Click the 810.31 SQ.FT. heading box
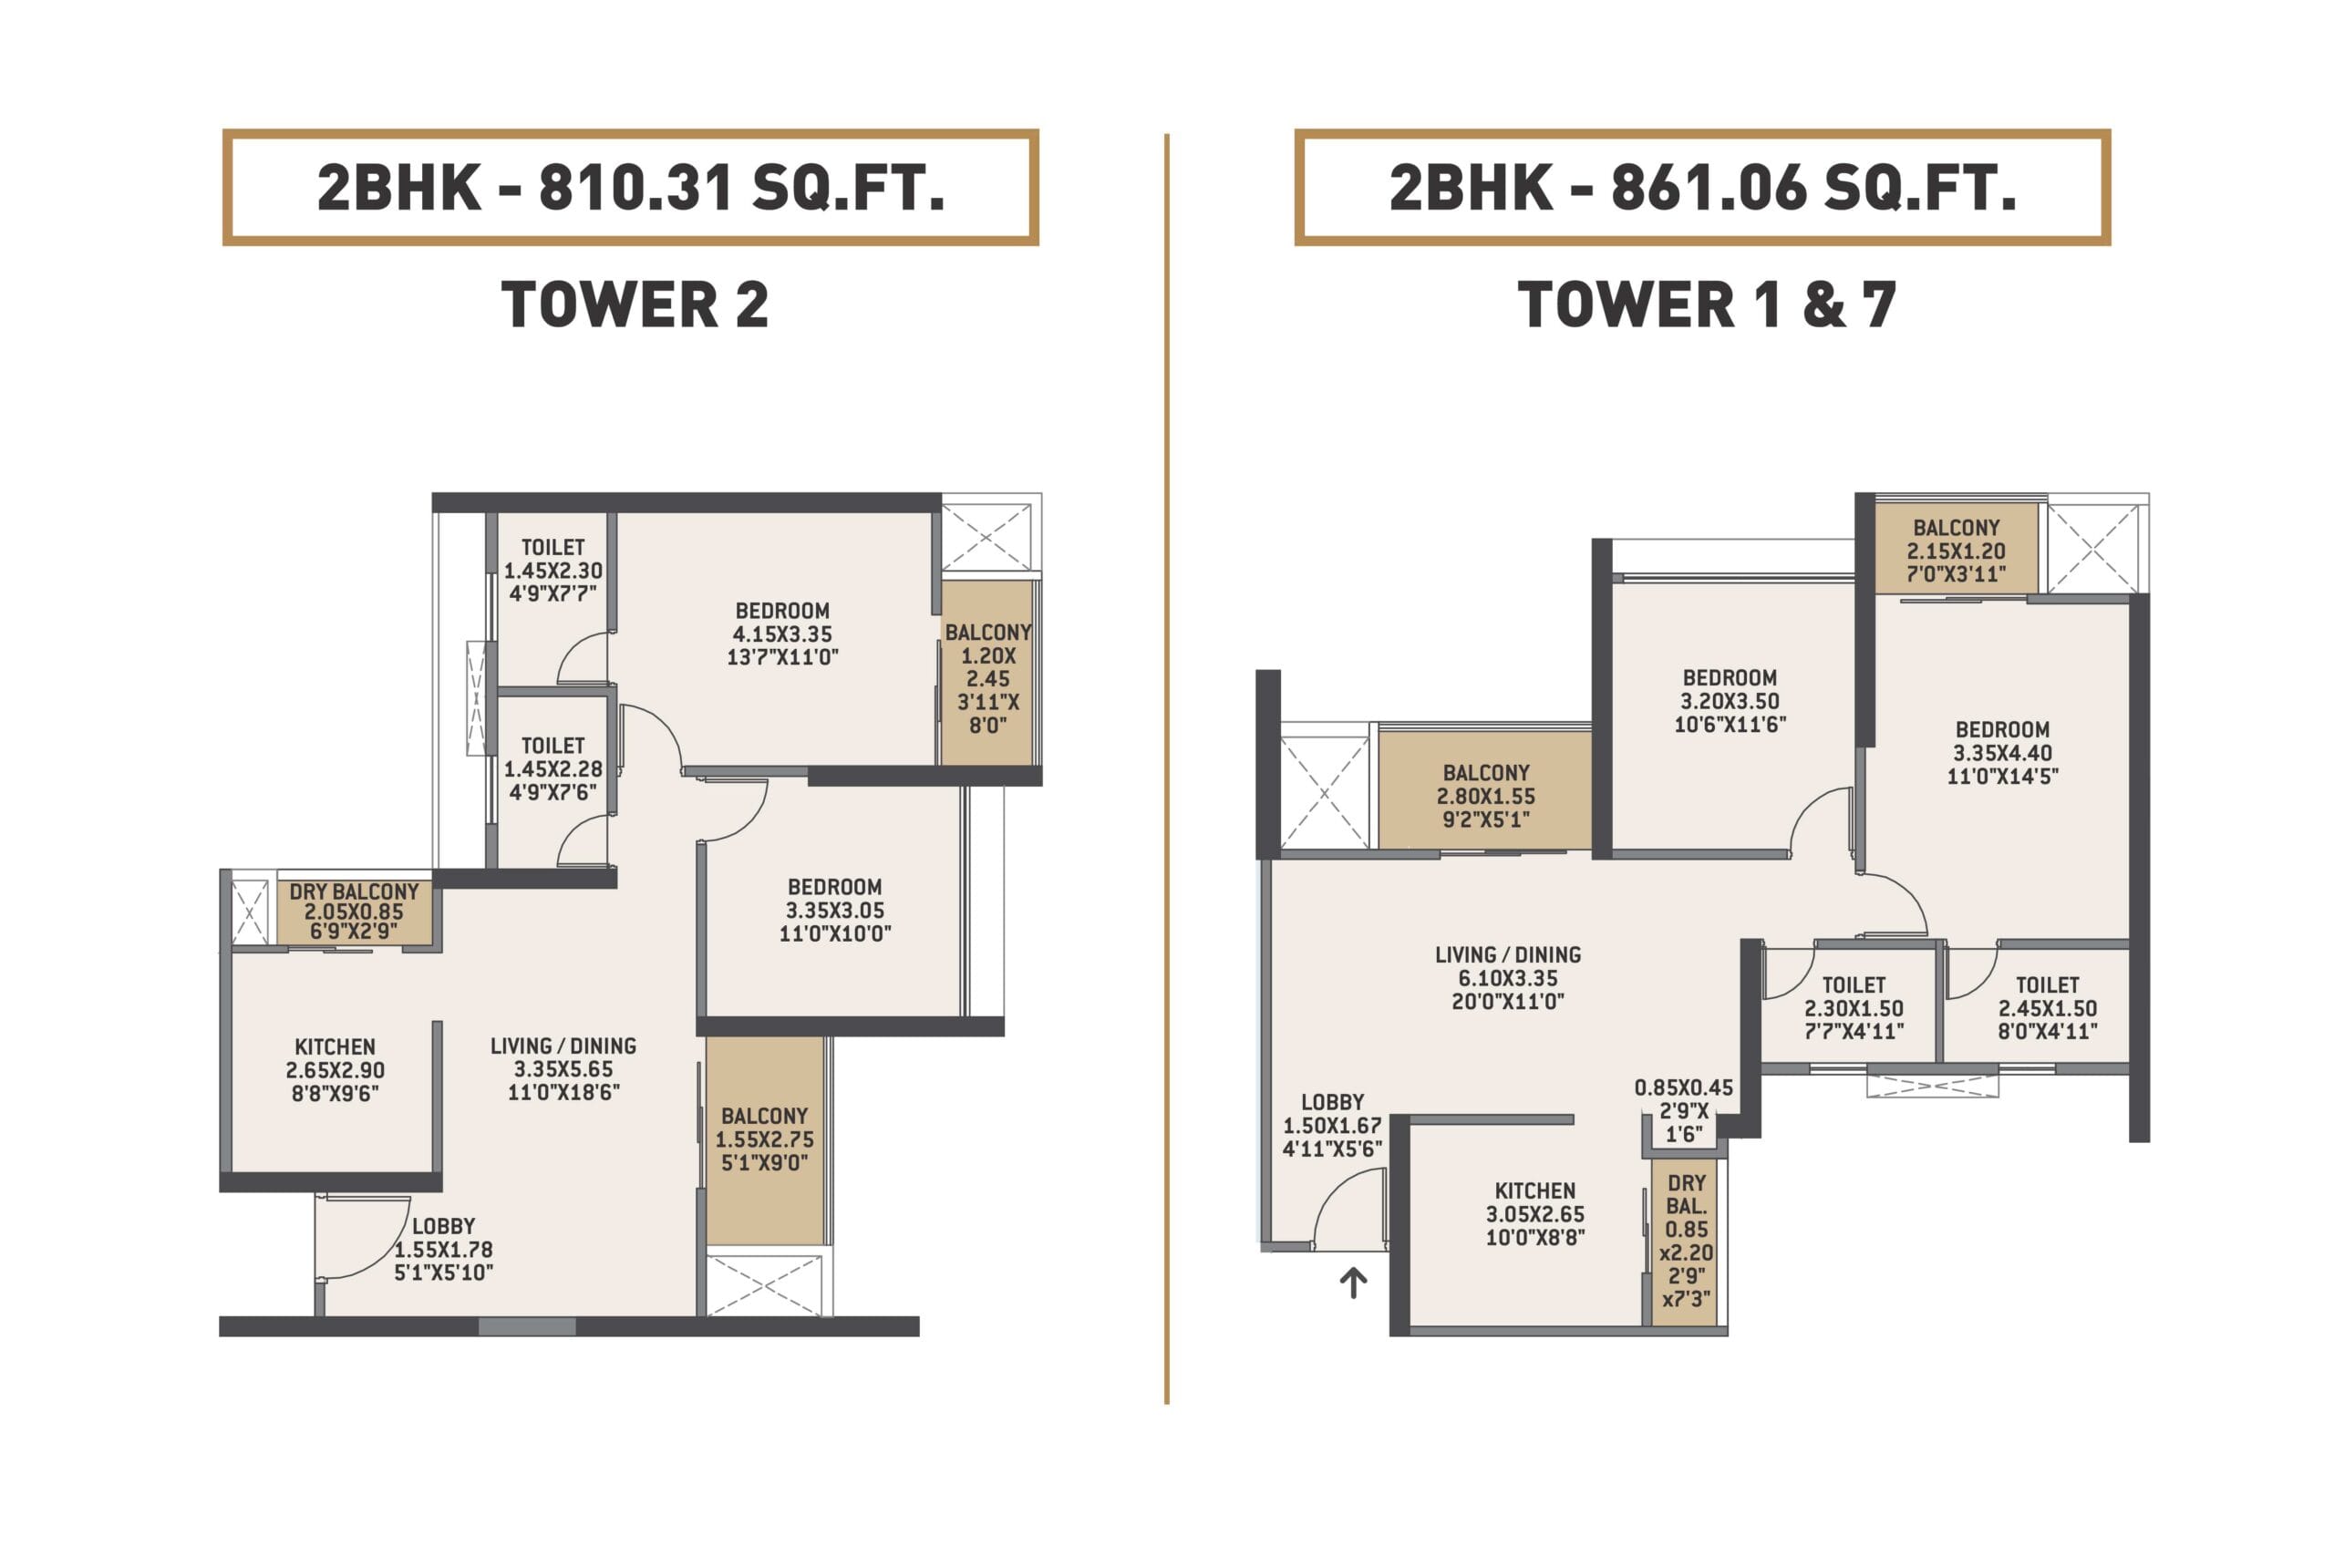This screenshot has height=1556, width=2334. [x=630, y=187]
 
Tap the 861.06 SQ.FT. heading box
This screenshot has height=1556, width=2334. [x=1702, y=187]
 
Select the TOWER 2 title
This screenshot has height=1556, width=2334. [x=635, y=304]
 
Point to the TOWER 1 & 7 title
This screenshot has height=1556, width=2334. [x=1707, y=304]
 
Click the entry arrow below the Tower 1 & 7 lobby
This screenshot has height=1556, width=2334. [x=1354, y=1283]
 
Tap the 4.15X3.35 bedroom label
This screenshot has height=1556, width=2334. [x=783, y=634]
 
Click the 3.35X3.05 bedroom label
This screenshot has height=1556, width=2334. [x=835, y=910]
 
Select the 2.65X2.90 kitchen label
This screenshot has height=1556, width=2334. [x=336, y=1070]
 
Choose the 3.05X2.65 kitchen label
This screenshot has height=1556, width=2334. [x=1535, y=1213]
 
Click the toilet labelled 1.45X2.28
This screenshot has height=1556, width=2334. [x=553, y=769]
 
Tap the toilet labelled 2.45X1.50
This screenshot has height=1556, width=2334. [x=2047, y=1008]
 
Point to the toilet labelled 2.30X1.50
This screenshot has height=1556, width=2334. [x=1854, y=1008]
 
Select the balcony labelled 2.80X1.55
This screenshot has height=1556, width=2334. [x=1485, y=796]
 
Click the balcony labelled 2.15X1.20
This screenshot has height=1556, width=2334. [x=1956, y=551]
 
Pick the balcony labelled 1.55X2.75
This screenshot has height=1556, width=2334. [x=764, y=1139]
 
